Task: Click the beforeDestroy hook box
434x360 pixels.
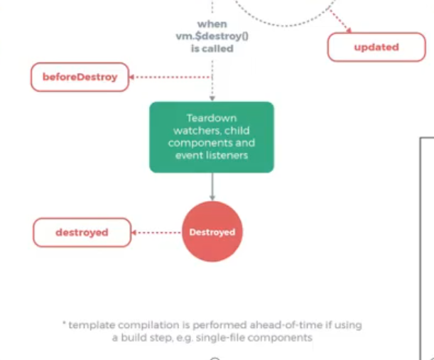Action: pyautogui.click(x=80, y=77)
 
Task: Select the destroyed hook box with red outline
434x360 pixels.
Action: pyautogui.click(x=82, y=232)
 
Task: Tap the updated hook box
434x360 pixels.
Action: pyautogui.click(x=376, y=47)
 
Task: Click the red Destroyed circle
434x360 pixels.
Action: pyautogui.click(x=212, y=232)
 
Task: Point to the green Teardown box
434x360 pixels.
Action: pyautogui.click(x=211, y=137)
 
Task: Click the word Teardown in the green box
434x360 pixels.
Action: pyautogui.click(x=212, y=118)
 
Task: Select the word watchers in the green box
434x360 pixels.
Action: pyautogui.click(x=192, y=131)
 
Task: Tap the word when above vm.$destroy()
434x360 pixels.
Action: pyautogui.click(x=212, y=24)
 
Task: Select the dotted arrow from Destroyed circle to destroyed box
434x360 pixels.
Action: pyautogui.click(x=157, y=232)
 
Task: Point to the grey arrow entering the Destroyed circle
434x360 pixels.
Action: pyautogui.click(x=212, y=188)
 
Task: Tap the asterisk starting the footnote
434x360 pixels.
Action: pyautogui.click(x=64, y=324)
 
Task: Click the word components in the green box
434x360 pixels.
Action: pyautogui.click(x=211, y=143)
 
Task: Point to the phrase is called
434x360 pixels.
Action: pyautogui.click(x=212, y=49)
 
